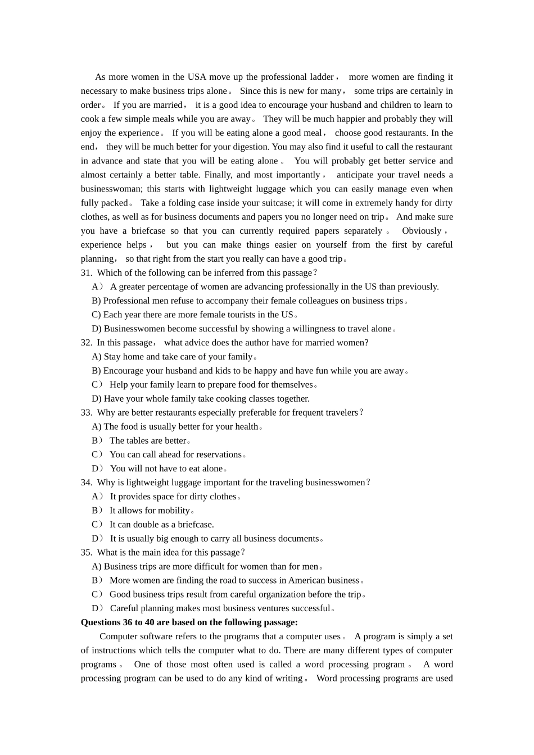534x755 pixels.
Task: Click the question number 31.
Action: tap(86, 273)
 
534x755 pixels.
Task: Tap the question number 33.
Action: tap(86, 413)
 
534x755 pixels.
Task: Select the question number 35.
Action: tap(86, 553)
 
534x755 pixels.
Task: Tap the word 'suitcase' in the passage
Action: tap(274, 203)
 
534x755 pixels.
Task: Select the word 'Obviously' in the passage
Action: tap(422, 231)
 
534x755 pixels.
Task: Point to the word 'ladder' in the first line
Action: tap(322, 77)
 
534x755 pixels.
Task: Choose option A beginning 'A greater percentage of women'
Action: tap(274, 287)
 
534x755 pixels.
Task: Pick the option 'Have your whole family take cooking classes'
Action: tap(206, 399)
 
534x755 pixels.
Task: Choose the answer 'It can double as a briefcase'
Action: tap(161, 525)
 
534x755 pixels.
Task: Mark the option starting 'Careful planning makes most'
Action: tap(220, 608)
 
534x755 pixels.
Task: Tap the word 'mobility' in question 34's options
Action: tap(174, 511)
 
